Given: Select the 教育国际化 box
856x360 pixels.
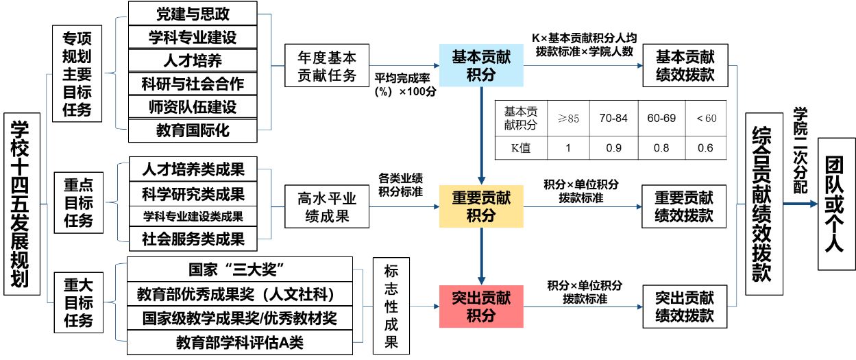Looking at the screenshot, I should point(193,130).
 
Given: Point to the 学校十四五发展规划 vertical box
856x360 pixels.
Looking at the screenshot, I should point(21,204).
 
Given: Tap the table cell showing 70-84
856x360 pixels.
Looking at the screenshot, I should point(613,118).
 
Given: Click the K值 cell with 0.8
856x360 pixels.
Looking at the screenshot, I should point(661,147).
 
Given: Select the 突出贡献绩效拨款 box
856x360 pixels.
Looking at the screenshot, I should point(685,306).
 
